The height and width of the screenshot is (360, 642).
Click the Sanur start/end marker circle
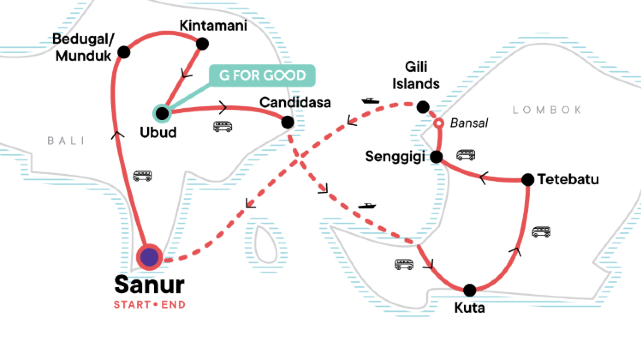tap(150, 257)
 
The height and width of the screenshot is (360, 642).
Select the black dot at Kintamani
tap(202, 43)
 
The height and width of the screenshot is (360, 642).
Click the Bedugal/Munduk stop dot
tap(123, 52)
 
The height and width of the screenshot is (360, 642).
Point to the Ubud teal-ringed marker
tap(161, 112)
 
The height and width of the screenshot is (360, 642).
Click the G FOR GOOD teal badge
tap(262, 76)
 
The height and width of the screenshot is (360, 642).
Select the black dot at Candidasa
tap(288, 122)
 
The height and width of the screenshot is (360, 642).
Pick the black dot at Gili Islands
tap(423, 107)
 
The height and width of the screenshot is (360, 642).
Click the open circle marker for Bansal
tap(436, 124)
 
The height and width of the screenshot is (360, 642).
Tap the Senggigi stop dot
tap(435, 157)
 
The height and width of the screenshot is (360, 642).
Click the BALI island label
tap(63, 141)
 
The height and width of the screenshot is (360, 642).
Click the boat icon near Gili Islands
tap(370, 101)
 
